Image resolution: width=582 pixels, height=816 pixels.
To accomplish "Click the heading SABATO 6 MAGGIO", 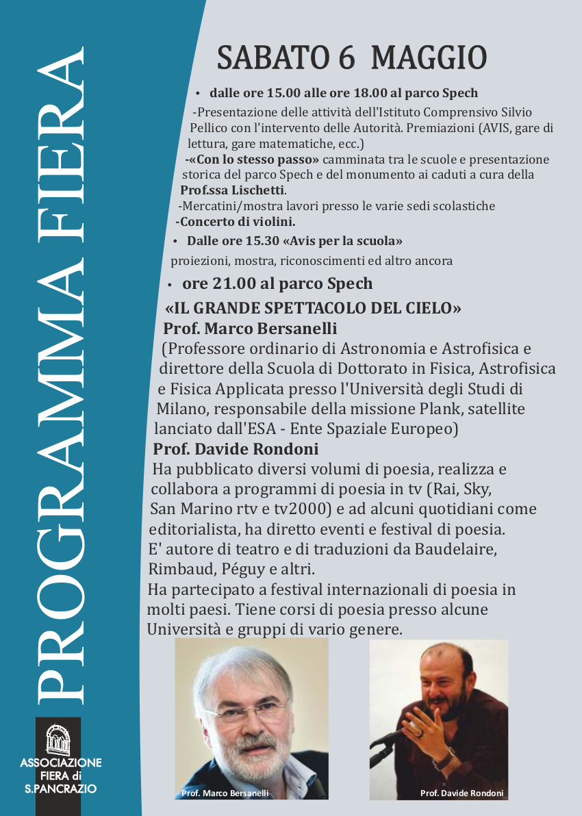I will pos(351,58).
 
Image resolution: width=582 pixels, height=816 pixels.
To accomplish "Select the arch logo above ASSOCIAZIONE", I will pos(59,739).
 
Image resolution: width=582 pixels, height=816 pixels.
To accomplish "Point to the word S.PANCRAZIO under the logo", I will pos(60,789).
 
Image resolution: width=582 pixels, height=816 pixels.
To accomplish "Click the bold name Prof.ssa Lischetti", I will pos(232,190).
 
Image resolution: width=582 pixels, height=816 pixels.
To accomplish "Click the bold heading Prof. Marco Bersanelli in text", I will pos(250,328).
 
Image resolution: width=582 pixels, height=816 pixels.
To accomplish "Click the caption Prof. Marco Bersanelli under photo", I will pos(225,793).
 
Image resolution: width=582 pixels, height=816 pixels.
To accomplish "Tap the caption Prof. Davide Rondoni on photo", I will pos(461,793).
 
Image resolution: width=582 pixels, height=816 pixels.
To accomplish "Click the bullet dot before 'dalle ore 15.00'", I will pos(197,93).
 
